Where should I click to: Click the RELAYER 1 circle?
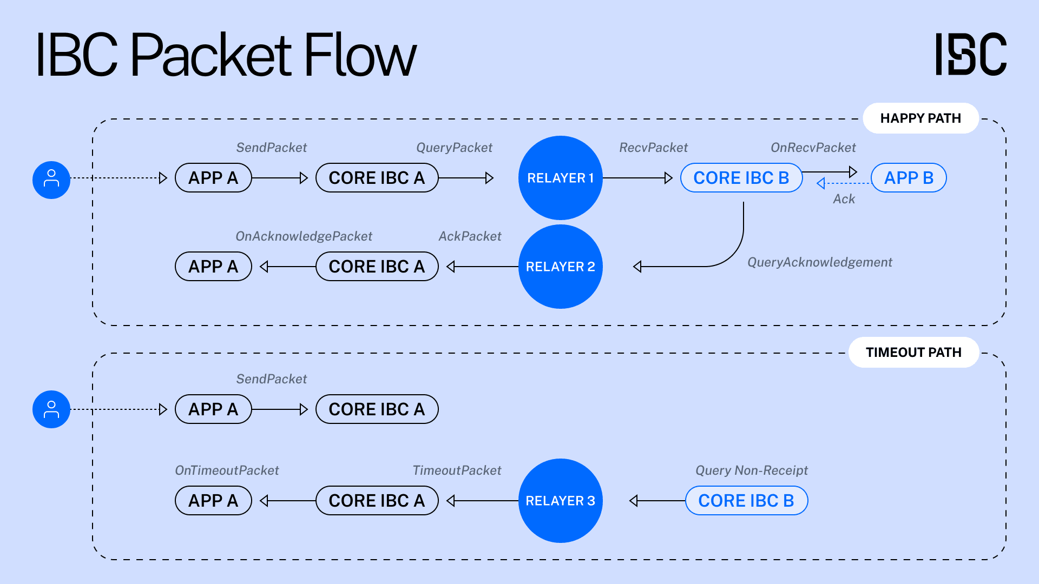coord(560,178)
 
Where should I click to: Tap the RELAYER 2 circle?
coord(560,267)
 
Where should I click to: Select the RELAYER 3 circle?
coord(560,501)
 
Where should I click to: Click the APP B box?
coord(909,178)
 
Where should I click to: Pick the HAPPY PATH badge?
coord(920,118)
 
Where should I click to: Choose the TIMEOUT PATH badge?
coord(913,353)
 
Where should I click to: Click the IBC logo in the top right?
coord(971,54)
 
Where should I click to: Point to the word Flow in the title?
coord(360,55)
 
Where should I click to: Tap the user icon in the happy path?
coord(51,180)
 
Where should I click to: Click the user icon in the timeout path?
coord(51,409)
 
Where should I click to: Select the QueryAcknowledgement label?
coord(819,262)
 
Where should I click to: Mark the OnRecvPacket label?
coord(813,148)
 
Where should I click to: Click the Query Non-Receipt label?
coord(751,470)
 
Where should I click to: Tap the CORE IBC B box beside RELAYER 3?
coord(746,501)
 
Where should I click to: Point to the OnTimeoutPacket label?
coord(227,470)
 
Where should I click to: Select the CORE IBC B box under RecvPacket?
coord(741,178)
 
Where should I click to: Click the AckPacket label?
coord(470,236)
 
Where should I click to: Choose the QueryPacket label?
coord(454,148)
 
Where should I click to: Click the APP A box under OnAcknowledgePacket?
coord(213,267)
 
